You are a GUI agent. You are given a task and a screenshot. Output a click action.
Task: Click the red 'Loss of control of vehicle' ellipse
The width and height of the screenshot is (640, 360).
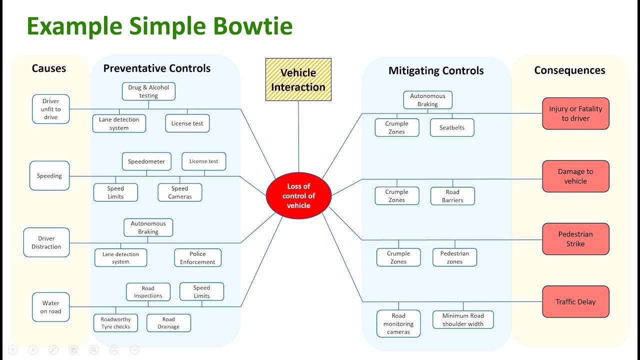tap(298, 195)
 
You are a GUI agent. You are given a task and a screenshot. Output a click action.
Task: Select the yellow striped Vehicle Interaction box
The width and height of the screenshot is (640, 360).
tap(298, 79)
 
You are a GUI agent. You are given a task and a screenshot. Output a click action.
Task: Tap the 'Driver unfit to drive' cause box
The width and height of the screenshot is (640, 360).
tap(50, 109)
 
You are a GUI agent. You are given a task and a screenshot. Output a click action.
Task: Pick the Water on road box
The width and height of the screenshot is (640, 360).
tap(50, 307)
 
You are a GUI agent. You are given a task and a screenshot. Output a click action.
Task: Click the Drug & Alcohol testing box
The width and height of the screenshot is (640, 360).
tap(148, 91)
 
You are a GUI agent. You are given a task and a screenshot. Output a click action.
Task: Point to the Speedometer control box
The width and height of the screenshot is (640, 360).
tap(146, 161)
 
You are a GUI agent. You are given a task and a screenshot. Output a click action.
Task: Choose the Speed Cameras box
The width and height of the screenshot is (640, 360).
tap(180, 192)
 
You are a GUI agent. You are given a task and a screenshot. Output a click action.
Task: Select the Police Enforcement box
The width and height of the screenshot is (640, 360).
tap(197, 258)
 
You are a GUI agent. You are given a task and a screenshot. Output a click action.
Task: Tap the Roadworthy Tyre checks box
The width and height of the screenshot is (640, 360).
tap(115, 323)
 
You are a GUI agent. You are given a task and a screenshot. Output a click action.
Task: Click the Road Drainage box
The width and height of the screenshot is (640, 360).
tap(168, 323)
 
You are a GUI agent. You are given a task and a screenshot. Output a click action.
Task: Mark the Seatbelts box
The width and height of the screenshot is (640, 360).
tap(452, 127)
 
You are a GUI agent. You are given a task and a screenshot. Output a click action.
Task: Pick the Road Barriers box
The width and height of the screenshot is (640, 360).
tap(452, 196)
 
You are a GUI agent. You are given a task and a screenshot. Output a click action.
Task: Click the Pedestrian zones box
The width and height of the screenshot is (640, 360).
tap(454, 257)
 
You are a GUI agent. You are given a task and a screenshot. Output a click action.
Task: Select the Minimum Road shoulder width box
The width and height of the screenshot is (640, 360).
tap(463, 319)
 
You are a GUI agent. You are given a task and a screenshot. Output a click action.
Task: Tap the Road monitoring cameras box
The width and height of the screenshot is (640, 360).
tap(398, 323)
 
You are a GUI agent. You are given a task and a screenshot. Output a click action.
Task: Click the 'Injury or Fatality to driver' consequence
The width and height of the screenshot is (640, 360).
tap(575, 113)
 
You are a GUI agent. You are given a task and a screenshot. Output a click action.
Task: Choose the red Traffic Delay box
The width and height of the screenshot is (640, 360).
tap(575, 302)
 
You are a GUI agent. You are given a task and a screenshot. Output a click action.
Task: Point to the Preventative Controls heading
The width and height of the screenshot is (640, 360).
tap(157, 68)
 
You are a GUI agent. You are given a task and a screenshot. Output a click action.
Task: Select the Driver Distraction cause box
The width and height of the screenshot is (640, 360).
tap(46, 242)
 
